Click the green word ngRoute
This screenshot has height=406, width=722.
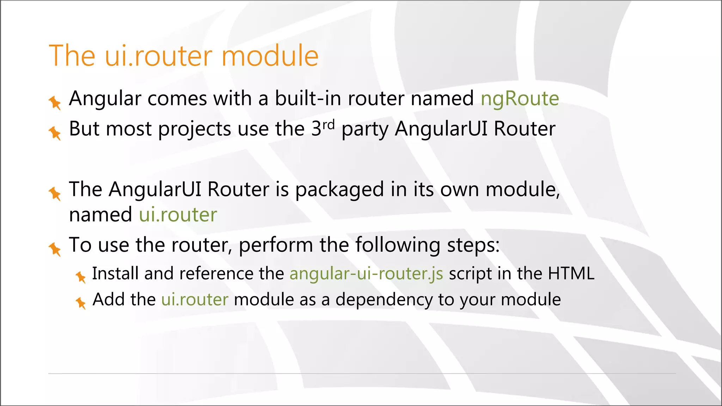(x=520, y=98)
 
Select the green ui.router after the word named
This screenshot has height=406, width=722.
(x=178, y=215)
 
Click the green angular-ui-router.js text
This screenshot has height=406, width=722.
(x=366, y=273)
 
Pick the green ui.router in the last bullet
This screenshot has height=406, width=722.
(x=195, y=300)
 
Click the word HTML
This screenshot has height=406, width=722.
(x=571, y=273)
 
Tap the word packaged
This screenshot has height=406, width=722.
(x=339, y=190)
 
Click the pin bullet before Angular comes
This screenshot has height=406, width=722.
(x=55, y=102)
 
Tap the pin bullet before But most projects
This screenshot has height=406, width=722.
(x=55, y=133)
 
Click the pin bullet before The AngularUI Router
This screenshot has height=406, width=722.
(x=55, y=193)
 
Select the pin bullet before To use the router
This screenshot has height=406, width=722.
(x=55, y=249)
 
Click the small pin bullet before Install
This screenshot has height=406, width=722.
(x=81, y=277)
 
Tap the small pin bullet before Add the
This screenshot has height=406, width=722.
(x=81, y=302)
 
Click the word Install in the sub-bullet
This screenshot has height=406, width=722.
(x=115, y=273)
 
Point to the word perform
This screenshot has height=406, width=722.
(x=276, y=245)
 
